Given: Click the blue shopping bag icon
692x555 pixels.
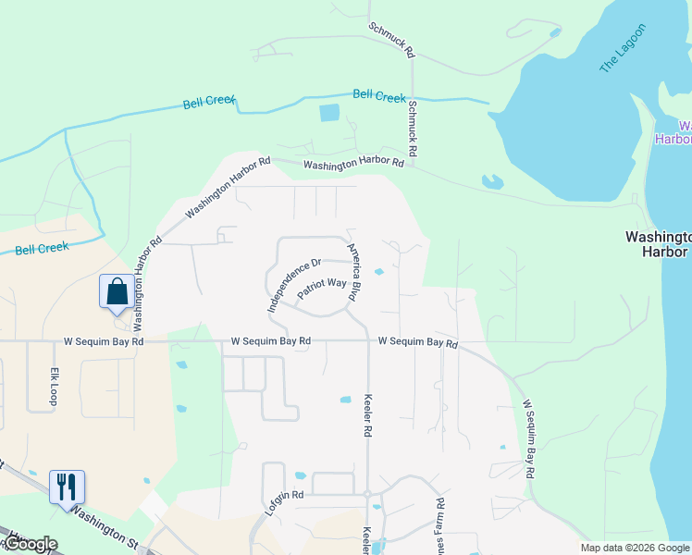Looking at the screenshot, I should tap(117, 291).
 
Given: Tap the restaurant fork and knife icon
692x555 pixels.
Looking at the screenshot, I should tap(67, 486).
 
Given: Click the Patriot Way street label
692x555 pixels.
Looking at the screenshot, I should tap(321, 288).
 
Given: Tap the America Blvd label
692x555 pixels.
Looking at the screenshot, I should tap(352, 271).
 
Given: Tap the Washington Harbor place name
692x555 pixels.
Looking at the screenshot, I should tap(657, 243).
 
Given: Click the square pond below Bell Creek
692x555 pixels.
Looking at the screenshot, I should tap(329, 114).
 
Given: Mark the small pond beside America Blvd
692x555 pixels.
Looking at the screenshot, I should tap(378, 272).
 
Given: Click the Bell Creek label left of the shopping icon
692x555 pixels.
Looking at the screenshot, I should tap(42, 249).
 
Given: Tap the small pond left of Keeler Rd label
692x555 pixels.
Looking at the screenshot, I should tap(346, 400).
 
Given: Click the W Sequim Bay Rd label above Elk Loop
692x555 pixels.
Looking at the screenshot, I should tap(104, 341).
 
